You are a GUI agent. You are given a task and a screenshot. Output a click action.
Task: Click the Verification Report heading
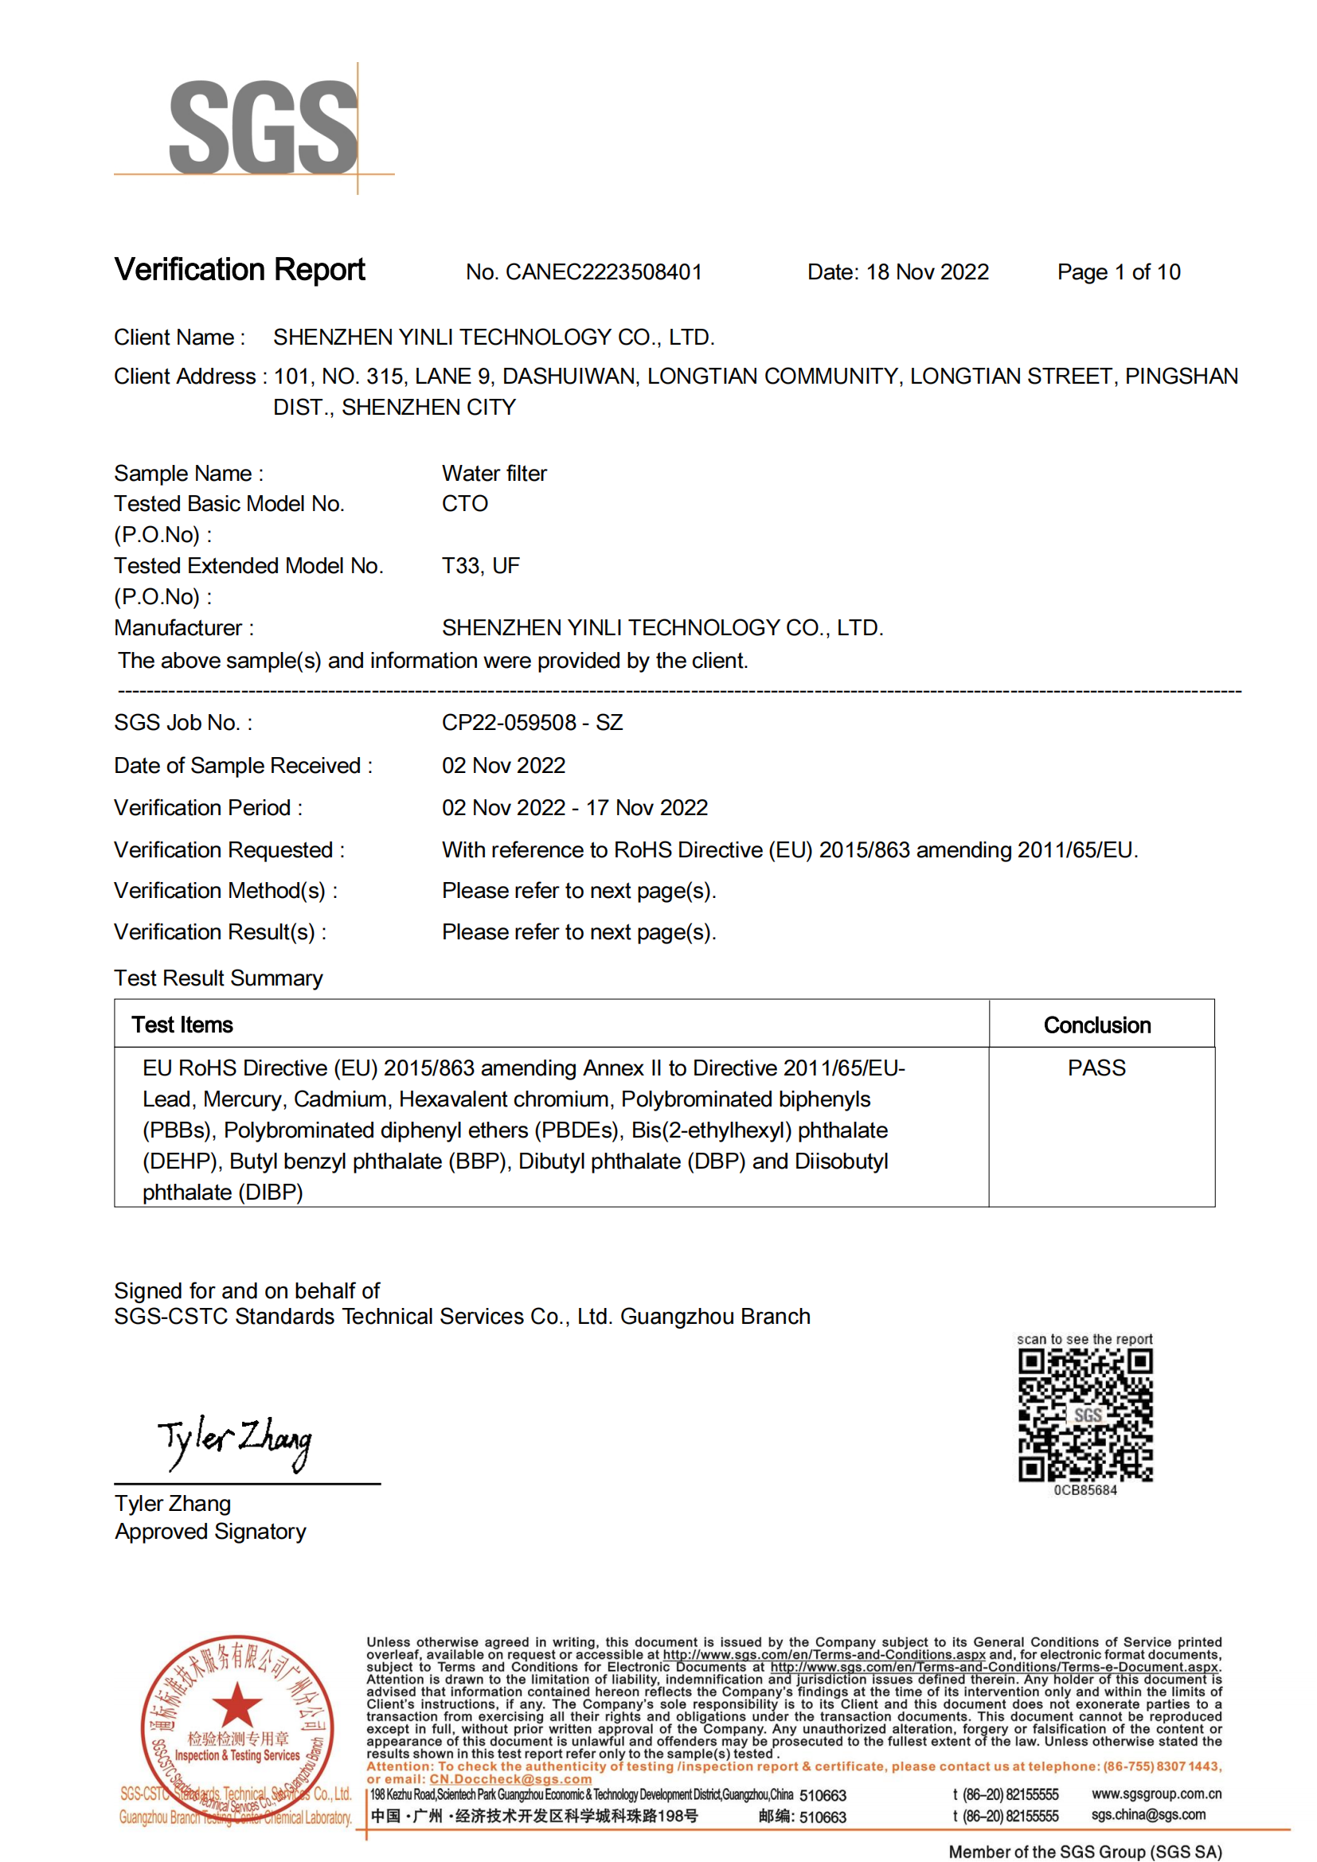pos(239,270)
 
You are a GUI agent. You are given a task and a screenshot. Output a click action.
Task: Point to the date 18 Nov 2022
pos(927,272)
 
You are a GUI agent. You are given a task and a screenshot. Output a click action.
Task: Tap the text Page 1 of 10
pos(1118,272)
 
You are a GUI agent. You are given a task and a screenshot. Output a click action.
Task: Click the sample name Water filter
pos(494,474)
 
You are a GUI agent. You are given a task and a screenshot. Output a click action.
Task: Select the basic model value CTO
pos(465,505)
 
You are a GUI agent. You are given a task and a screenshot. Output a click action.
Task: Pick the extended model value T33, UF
pos(480,566)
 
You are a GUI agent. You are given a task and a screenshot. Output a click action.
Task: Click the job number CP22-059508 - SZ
pos(532,723)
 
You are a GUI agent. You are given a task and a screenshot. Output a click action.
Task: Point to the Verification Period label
pos(208,808)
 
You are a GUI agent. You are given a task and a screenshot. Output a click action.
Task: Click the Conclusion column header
pos(1096,1026)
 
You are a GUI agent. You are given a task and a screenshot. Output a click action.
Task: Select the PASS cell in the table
pos(1096,1068)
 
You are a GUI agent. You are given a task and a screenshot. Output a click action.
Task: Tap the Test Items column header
pos(182,1026)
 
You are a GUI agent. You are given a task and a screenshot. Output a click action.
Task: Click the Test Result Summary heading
pos(218,979)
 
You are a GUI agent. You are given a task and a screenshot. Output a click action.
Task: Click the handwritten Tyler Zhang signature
pos(235,1442)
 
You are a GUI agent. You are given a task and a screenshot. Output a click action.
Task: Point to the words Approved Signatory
pos(210,1532)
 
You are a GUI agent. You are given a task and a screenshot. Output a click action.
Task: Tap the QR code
pos(1085,1415)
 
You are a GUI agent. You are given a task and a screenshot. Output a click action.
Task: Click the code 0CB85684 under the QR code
pos(1085,1490)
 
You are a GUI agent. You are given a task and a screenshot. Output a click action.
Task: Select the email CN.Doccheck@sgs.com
pos(510,1779)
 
